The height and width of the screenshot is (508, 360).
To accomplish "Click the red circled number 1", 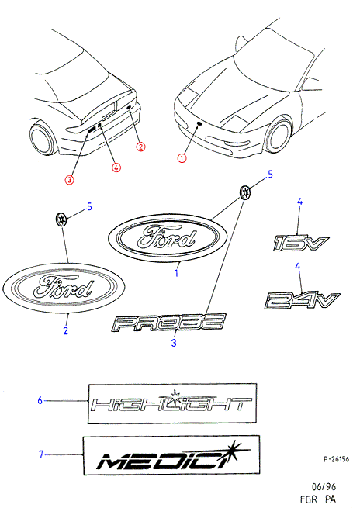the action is click(x=182, y=158).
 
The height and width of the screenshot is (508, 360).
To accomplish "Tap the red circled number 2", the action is click(x=140, y=147).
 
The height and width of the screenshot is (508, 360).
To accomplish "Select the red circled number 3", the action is click(x=69, y=179).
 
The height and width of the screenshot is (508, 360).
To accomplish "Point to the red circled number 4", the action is click(x=116, y=168).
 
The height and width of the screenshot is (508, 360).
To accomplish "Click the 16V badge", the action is click(x=299, y=243).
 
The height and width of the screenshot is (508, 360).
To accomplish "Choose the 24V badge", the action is click(x=302, y=300).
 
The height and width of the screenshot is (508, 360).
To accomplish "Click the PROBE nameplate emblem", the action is click(x=168, y=322).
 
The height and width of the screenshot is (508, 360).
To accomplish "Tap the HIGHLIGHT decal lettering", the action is click(x=171, y=403).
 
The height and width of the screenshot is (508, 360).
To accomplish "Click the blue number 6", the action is click(x=40, y=400).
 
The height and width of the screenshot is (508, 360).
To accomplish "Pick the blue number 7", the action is click(x=41, y=454).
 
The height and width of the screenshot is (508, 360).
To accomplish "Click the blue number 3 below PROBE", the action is click(x=174, y=343).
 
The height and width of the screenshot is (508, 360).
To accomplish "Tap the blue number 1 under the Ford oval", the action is click(x=176, y=273).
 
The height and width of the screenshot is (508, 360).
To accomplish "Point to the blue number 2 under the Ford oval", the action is click(x=66, y=330).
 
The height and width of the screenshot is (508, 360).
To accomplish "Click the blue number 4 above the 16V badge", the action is click(x=299, y=202).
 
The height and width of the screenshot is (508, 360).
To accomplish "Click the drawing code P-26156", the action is click(x=337, y=459).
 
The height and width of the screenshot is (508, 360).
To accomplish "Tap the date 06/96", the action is click(x=324, y=486).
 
